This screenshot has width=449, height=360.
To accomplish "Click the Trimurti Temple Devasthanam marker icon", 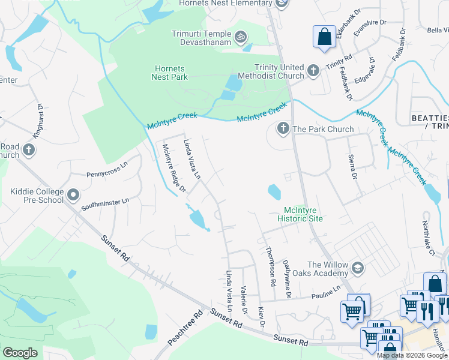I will point(240,37).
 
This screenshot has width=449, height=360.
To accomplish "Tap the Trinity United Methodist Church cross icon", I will point(313,71).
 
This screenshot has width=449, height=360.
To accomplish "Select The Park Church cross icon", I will point(283,128).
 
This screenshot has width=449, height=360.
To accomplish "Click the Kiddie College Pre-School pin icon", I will point(73,195).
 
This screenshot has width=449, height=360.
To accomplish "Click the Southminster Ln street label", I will point(106,205).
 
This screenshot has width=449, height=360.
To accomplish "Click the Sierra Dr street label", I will point(352,167).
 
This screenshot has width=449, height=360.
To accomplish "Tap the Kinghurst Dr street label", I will point(38,122).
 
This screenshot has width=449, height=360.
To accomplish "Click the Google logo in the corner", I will point(20,353).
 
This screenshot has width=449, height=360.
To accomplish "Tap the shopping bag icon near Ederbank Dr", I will point(324,37).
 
